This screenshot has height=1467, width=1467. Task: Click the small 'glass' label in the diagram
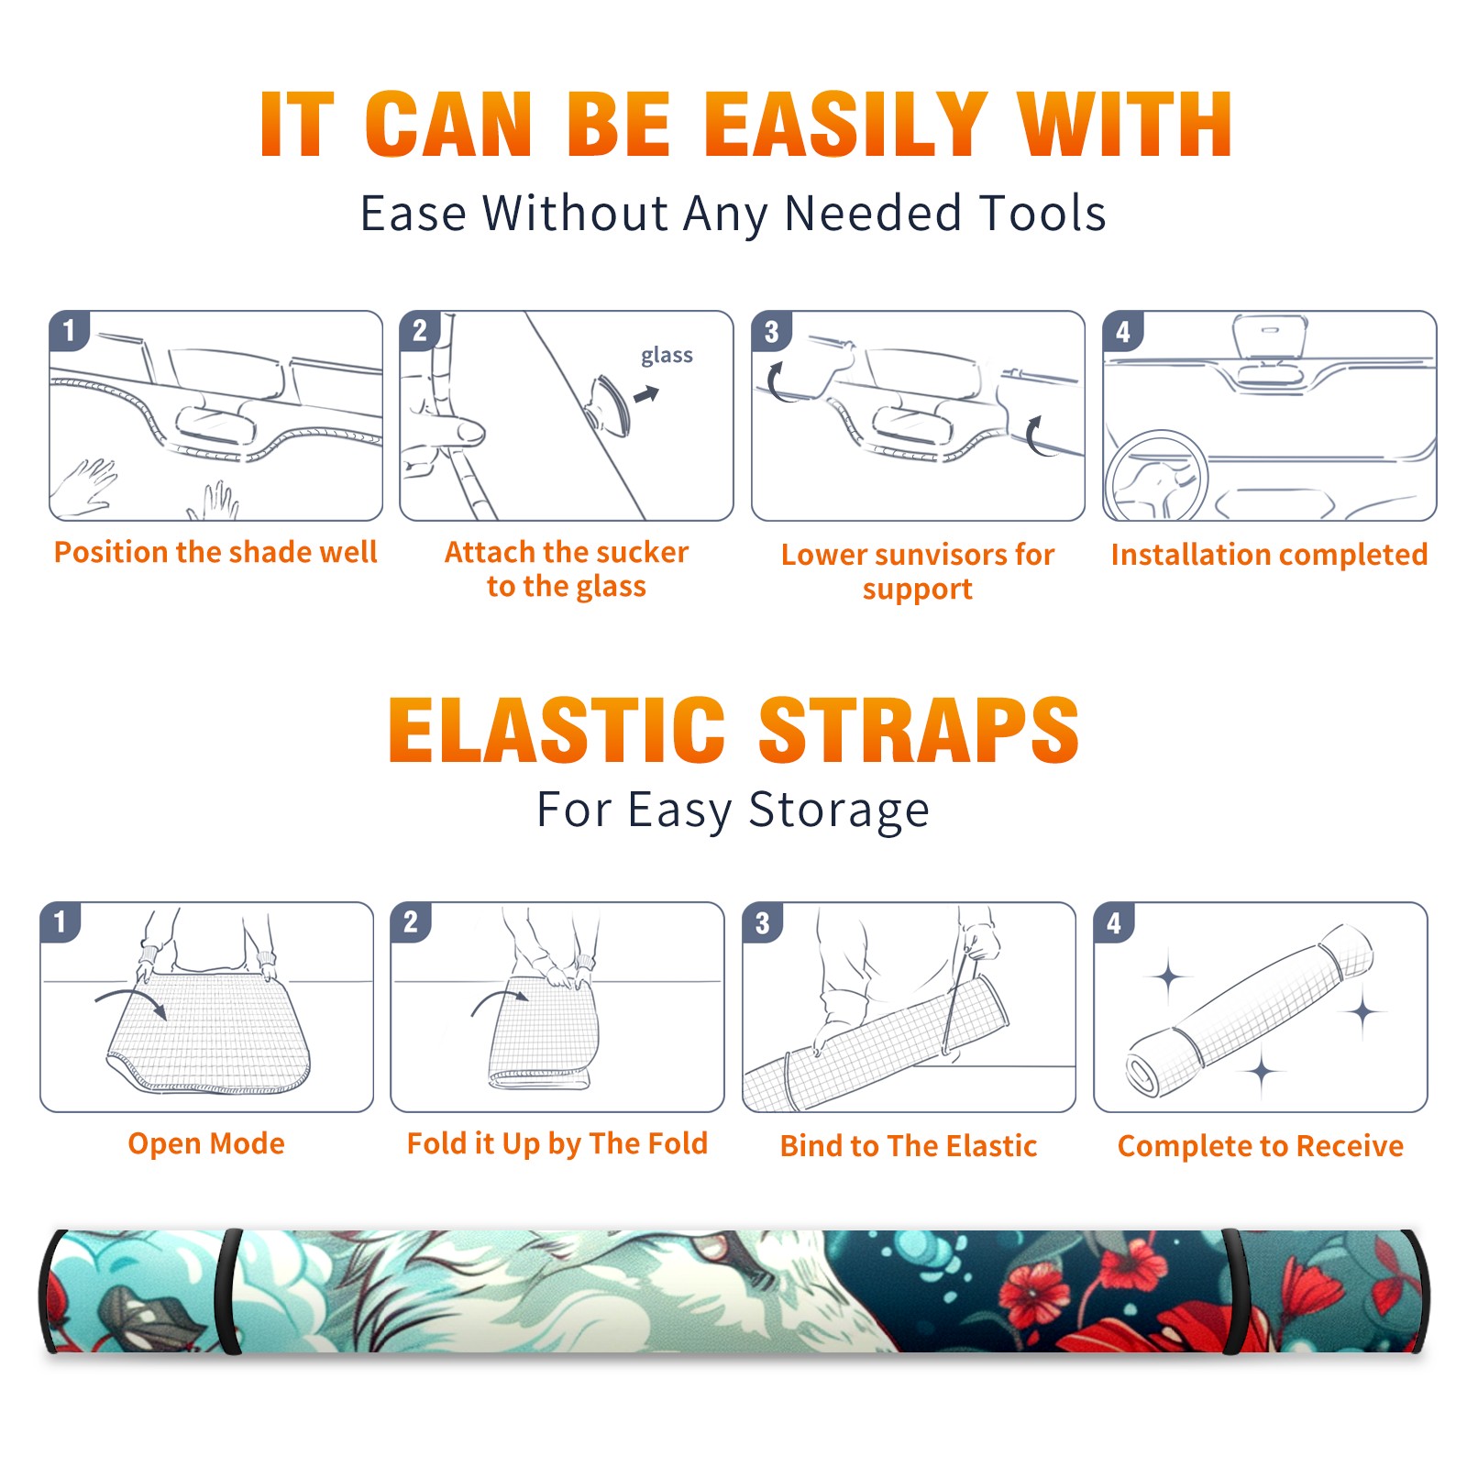[x=667, y=356]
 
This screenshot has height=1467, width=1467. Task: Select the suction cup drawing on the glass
[x=609, y=404]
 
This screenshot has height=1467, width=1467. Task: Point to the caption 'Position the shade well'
[x=215, y=552]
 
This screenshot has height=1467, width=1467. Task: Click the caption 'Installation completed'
[x=1269, y=555]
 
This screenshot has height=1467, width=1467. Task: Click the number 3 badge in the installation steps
[x=770, y=331]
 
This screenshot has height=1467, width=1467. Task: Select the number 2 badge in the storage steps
[x=411, y=921]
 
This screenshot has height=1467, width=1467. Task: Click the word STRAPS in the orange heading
[x=919, y=730]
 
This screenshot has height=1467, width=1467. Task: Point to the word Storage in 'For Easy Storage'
[x=839, y=811]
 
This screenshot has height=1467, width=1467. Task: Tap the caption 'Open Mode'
[x=206, y=1143]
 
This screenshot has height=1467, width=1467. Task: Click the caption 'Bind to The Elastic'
[x=909, y=1146]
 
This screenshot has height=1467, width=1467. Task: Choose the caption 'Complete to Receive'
[x=1261, y=1146]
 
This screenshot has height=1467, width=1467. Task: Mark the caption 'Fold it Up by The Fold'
[x=557, y=1143]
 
